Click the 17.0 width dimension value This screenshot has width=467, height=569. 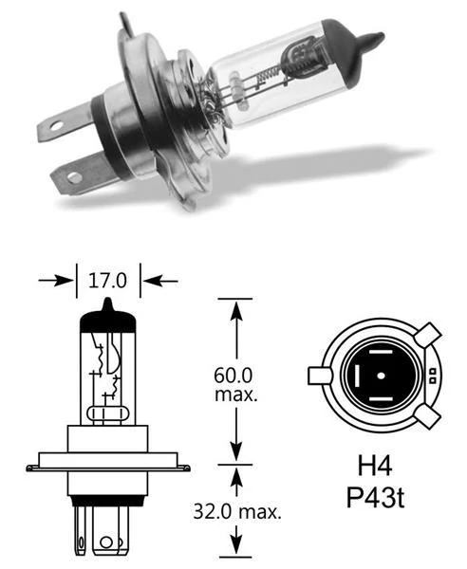[x=107, y=281]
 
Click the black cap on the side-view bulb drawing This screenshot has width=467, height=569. [x=107, y=316]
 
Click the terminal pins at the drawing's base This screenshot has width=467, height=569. [x=107, y=535]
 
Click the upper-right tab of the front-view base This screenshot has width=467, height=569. [x=427, y=337]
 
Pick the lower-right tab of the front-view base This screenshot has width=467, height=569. [x=427, y=417]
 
